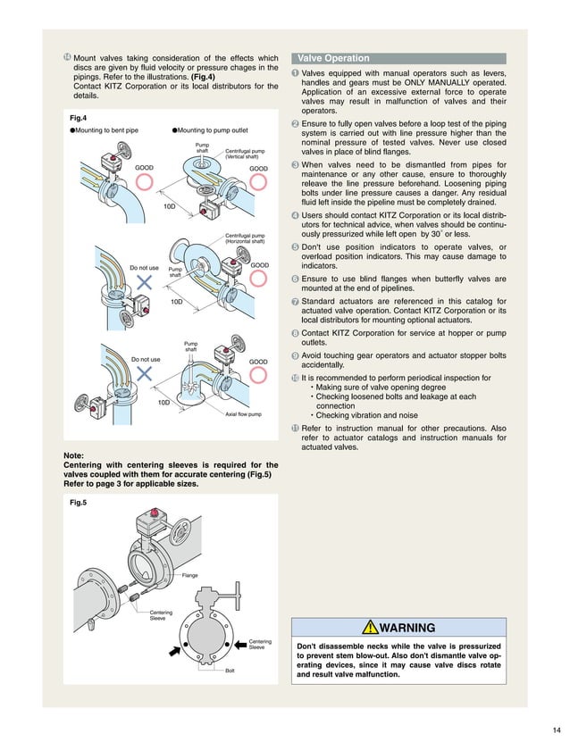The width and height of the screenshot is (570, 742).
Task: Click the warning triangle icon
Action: click(368, 628)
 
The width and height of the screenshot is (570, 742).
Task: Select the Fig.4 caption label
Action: click(77, 117)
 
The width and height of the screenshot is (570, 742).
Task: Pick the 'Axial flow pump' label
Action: click(243, 414)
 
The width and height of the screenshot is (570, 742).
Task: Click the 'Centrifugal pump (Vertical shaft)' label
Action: click(245, 155)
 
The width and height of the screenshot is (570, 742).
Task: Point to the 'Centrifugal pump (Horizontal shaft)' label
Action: click(245, 238)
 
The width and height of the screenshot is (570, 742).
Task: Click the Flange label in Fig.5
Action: click(189, 576)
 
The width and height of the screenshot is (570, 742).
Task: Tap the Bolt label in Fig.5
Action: click(230, 670)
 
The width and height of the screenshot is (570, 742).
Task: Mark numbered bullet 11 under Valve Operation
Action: click(296, 429)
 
